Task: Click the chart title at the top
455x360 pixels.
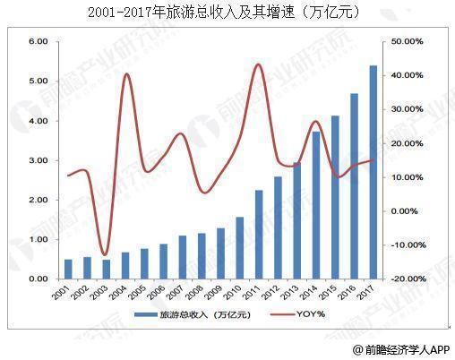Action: [x=227, y=13]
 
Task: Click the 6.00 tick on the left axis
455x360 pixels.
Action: [x=37, y=41]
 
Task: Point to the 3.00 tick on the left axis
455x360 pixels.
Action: [x=37, y=160]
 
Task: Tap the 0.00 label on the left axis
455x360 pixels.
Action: [x=37, y=279]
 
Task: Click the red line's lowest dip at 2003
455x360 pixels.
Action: [x=105, y=255]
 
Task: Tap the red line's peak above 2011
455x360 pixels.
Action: [x=258, y=64]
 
